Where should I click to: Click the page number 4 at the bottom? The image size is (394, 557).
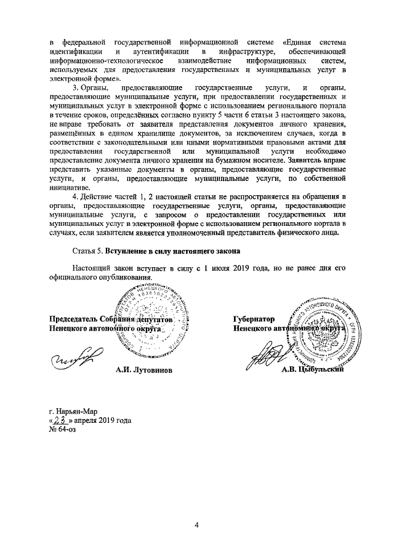tap(197, 525)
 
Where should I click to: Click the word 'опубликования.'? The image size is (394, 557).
tap(123, 278)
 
